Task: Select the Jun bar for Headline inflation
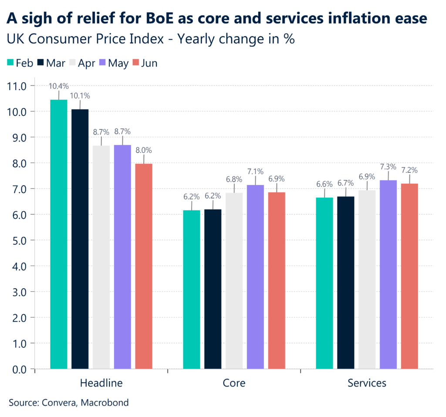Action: [144, 266]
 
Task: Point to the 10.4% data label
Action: [59, 86]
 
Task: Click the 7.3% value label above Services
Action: [388, 166]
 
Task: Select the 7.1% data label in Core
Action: [255, 171]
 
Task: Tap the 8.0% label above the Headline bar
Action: [144, 150]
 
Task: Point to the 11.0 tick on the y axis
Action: [17, 86]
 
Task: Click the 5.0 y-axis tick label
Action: [17, 240]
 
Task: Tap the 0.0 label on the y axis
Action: [17, 369]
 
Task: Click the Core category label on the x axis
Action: [234, 383]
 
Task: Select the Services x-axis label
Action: [367, 383]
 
